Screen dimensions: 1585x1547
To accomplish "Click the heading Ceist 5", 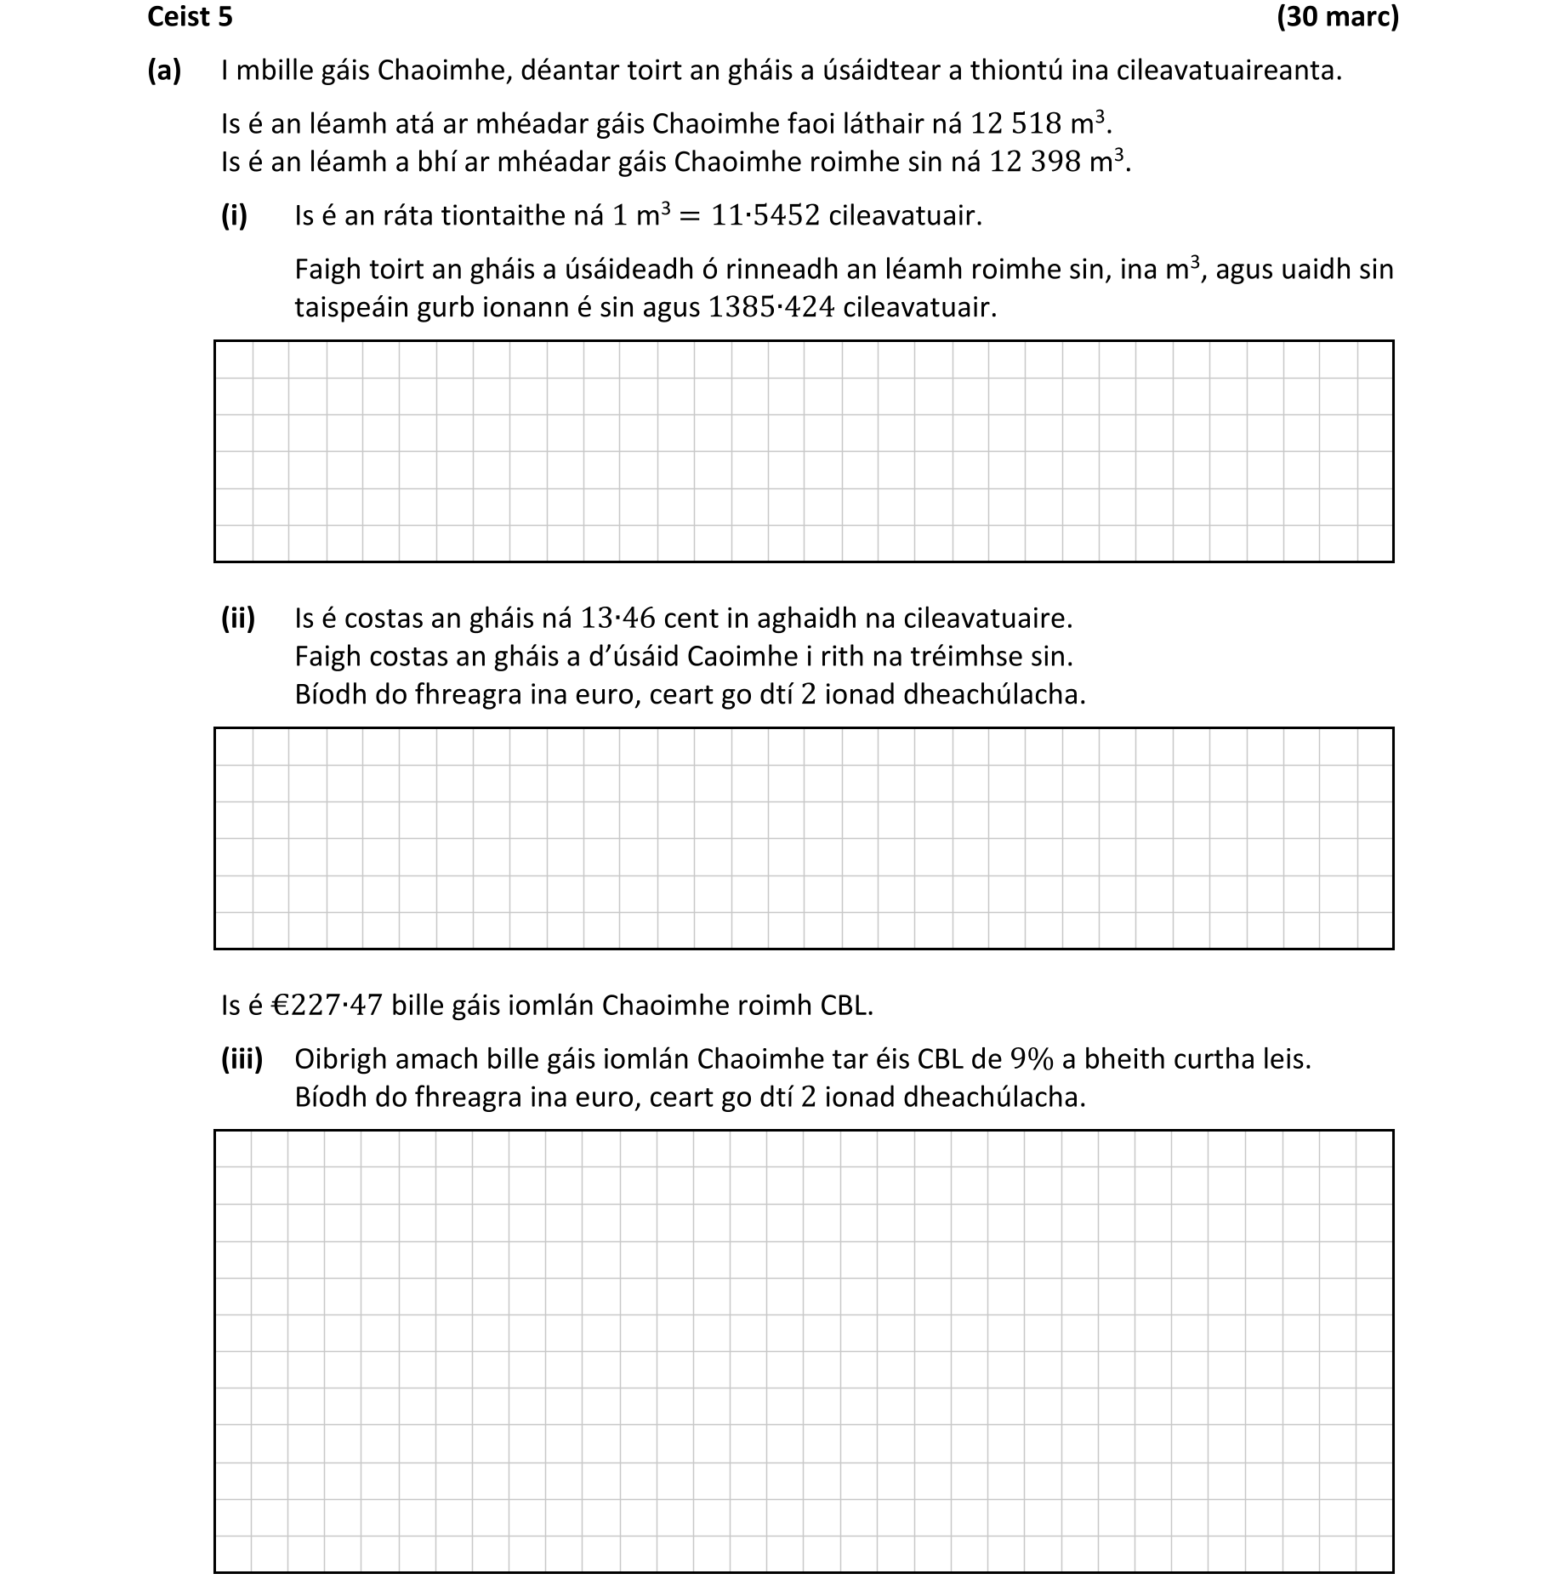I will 190,17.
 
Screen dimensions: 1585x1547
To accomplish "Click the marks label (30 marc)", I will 1337,17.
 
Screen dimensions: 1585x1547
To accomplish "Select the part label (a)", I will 164,71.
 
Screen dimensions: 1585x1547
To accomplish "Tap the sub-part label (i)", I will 234,216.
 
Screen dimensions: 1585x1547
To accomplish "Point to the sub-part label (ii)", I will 238,619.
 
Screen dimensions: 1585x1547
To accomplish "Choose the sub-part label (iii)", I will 242,1059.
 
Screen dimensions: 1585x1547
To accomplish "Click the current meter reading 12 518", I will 1015,124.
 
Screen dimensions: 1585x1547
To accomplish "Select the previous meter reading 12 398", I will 1036,162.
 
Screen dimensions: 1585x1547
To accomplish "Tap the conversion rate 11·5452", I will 765,216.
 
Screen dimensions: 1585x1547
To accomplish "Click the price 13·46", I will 617,619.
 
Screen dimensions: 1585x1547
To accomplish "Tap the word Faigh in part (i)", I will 327,270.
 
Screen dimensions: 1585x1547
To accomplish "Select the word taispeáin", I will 352,307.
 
